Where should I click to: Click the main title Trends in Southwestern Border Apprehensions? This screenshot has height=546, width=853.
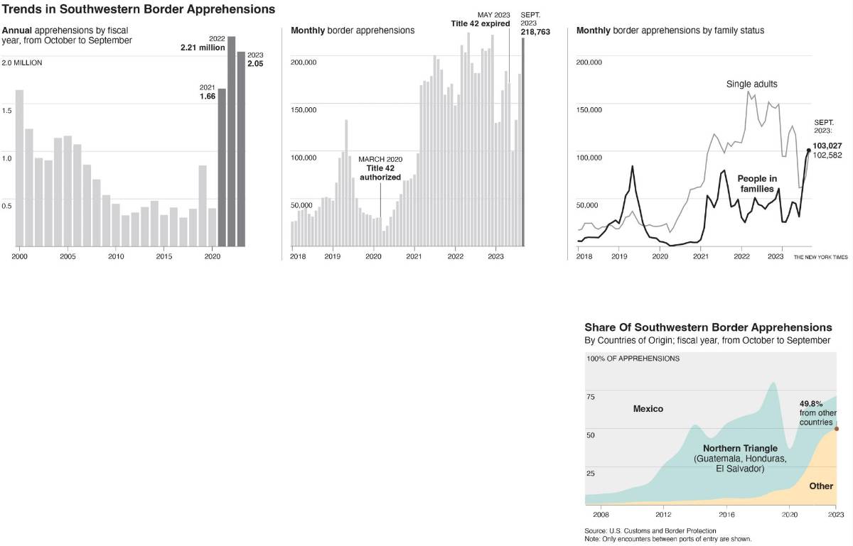tap(138, 10)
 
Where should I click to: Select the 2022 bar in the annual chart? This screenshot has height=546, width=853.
tap(231, 142)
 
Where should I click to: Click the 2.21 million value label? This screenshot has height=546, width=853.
tap(202, 48)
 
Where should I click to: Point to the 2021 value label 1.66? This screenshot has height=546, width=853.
tap(208, 96)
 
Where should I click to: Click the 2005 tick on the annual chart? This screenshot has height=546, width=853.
tap(68, 256)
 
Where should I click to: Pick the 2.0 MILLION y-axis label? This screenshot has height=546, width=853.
tap(22, 62)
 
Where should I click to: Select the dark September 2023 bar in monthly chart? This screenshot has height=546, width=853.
tap(523, 142)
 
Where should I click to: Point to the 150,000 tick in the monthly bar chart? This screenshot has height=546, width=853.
tap(304, 110)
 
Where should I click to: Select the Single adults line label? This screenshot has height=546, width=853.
tap(751, 84)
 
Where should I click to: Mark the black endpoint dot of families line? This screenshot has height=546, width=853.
tap(808, 150)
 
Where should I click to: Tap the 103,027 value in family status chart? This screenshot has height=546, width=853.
tap(827, 146)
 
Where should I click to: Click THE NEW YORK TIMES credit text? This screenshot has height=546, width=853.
tap(820, 257)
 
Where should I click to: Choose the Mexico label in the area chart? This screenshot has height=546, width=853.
tap(648, 408)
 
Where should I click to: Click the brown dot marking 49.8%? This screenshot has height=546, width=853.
tap(836, 428)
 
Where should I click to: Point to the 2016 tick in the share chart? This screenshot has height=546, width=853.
tap(726, 514)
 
